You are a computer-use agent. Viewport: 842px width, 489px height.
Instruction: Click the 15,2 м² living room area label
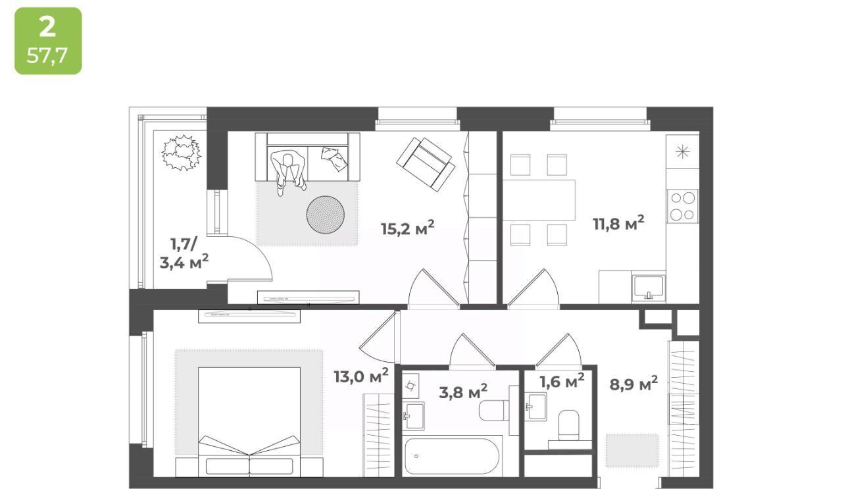pos(407,228)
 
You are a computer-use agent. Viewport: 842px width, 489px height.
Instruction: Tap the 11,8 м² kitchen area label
pos(618,223)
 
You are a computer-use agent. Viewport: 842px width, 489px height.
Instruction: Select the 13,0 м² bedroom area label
pos(361,376)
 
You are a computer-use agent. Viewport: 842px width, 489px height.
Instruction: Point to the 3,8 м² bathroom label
pos(463,392)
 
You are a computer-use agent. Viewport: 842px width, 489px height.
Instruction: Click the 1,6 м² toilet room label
pos(562,381)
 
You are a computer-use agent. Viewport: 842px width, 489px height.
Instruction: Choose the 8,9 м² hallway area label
pos(633,384)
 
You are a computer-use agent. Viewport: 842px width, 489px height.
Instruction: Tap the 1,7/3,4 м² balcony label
pos(184,253)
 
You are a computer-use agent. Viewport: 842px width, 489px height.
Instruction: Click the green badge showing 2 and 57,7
pos(48,41)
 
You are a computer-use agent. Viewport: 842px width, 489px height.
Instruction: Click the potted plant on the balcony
pos(181,153)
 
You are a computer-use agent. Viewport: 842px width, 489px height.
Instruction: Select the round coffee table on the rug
pos(325,215)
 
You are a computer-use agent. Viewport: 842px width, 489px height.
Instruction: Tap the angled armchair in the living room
pos(426,165)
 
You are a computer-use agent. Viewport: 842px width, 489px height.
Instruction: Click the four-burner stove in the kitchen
pos(682,206)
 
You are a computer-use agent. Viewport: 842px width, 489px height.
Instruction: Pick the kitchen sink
pos(649,287)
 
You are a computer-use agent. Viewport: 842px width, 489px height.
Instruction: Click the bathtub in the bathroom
pos(452,456)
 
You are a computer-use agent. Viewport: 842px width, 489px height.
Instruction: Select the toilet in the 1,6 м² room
pos(568,425)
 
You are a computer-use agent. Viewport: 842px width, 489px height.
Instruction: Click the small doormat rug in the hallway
pos(632,451)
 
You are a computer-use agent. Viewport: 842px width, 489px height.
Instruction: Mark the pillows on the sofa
pos(334,159)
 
